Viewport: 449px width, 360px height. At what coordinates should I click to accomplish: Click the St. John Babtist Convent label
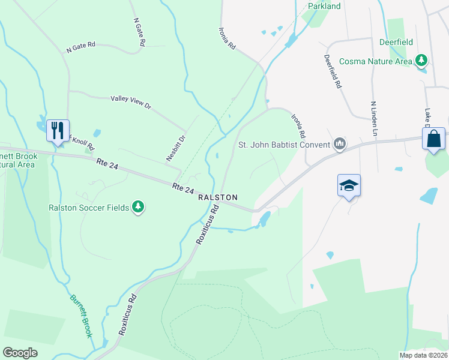coord(285,144)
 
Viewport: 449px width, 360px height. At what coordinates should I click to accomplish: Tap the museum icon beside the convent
coord(340,144)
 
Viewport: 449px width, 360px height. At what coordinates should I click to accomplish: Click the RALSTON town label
coord(218,197)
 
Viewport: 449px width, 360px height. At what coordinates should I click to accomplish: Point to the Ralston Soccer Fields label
coord(89,208)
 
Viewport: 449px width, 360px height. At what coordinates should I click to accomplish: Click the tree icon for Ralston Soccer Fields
coord(138,207)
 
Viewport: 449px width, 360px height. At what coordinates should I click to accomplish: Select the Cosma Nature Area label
coord(376,61)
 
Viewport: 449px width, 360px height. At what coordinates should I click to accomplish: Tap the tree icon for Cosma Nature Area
coord(422,61)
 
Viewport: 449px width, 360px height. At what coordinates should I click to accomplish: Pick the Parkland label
coord(324,6)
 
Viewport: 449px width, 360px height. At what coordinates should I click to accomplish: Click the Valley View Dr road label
coord(131,102)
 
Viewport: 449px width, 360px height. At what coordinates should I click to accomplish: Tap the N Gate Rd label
coord(81,46)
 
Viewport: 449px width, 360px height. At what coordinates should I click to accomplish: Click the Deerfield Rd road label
coord(333,72)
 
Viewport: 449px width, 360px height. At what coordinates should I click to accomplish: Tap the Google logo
coord(20,353)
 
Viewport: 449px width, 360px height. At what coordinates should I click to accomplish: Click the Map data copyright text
coord(423,355)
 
